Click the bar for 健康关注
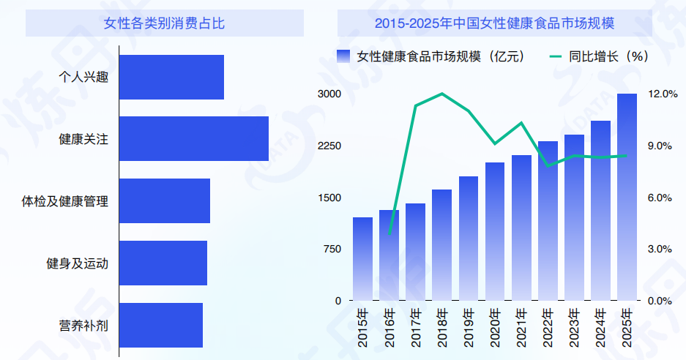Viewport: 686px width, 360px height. pyautogui.click(x=193, y=138)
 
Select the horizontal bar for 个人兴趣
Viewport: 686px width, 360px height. pyautogui.click(x=171, y=77)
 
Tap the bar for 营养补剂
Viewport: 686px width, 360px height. pyautogui.click(x=160, y=325)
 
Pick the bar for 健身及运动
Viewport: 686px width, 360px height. pyautogui.click(x=163, y=263)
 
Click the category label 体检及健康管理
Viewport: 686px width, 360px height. pyautogui.click(x=65, y=201)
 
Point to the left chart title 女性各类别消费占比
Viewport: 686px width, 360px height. pyautogui.click(x=165, y=23)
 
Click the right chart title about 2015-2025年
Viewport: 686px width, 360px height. pyautogui.click(x=494, y=23)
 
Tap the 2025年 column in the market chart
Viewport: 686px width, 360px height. pyautogui.click(x=627, y=198)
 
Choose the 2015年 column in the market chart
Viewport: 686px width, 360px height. pyautogui.click(x=362, y=259)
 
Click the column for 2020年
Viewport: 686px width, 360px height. pyautogui.click(x=495, y=231)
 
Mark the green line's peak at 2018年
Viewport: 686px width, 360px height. pyautogui.click(x=442, y=94)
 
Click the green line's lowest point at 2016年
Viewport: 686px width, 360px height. pyautogui.click(x=389, y=233)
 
